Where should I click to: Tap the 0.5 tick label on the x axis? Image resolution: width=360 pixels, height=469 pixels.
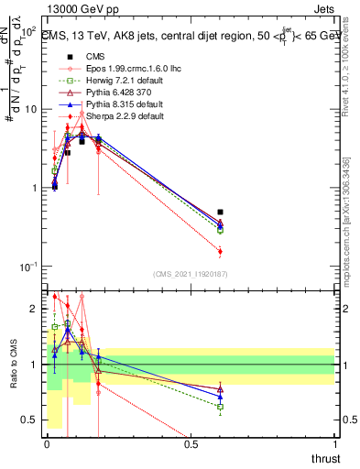[x=191, y=444]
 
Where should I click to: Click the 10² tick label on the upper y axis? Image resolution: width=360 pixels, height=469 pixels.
[x=27, y=31]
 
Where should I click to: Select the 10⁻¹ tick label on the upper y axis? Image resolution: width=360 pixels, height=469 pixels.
[x=27, y=267]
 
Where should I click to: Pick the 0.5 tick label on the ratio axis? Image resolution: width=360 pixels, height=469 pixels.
[x=30, y=420]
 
